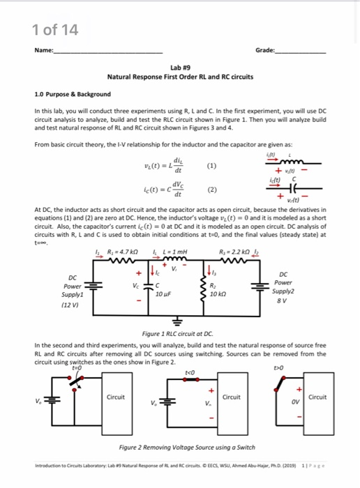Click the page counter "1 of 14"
(55, 29)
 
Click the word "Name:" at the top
(44, 52)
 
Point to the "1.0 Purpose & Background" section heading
(72, 94)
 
